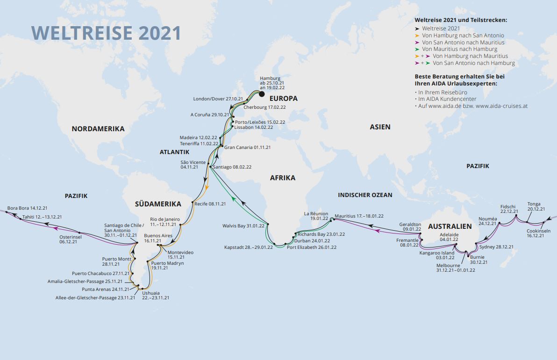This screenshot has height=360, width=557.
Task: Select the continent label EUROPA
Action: tap(283, 99)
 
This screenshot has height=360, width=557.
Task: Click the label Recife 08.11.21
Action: tap(210, 204)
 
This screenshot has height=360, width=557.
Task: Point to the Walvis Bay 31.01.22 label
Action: tap(243, 226)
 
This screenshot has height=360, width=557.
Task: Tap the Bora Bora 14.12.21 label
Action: tap(27, 208)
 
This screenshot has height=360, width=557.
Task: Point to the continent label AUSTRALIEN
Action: tap(450, 226)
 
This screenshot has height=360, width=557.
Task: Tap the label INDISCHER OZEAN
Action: tap(365, 195)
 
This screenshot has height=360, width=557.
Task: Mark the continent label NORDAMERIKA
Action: tap(98, 128)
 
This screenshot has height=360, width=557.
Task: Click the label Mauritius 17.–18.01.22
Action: tap(359, 216)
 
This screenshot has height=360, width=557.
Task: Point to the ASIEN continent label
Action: tap(380, 127)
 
